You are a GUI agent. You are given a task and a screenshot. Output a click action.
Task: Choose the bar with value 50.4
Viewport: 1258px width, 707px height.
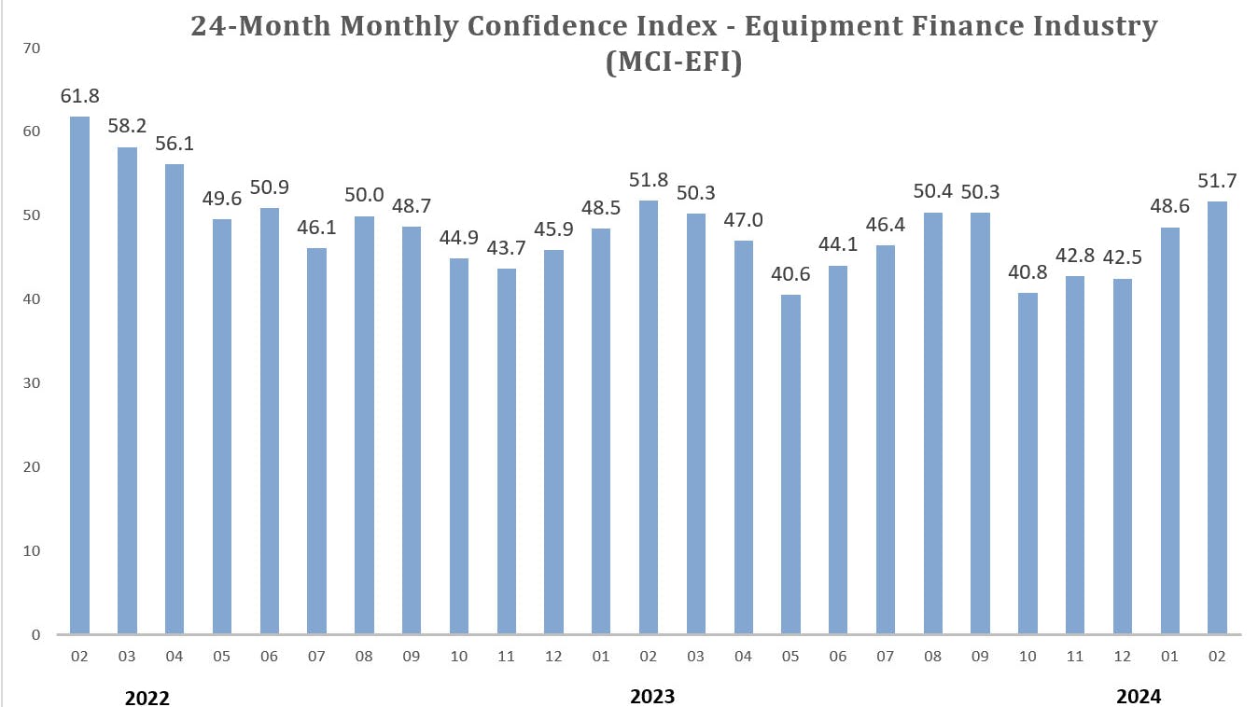click(933, 423)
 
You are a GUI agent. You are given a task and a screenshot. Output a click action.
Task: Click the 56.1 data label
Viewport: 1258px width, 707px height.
click(175, 145)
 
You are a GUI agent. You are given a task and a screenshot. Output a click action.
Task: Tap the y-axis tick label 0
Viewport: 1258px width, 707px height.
click(36, 635)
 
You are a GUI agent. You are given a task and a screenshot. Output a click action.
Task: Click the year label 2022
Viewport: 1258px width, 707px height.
click(147, 697)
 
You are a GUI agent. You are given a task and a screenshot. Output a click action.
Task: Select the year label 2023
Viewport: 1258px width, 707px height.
click(652, 696)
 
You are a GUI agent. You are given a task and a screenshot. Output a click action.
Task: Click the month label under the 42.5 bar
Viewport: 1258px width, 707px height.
click(1123, 658)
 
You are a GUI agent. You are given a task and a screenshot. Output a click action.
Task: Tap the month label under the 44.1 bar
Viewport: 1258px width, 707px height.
click(838, 658)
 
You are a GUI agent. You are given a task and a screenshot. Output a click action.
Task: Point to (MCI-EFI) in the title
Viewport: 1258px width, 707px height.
click(674, 62)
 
